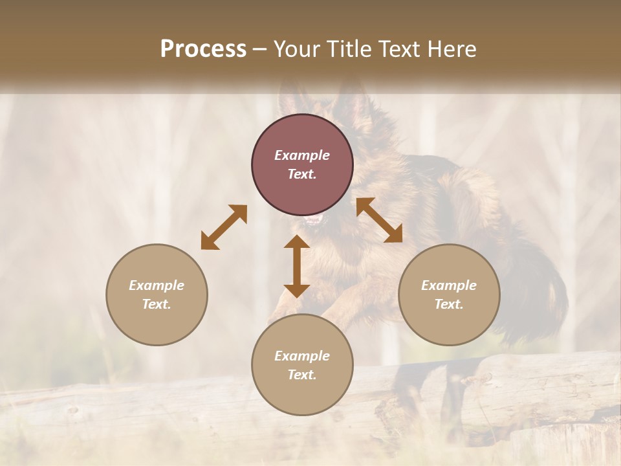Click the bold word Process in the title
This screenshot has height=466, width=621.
coord(203,49)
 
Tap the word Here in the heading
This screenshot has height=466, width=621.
coord(451,49)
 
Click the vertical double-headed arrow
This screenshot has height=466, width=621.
coord(297,267)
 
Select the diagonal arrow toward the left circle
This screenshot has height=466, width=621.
coord(224,227)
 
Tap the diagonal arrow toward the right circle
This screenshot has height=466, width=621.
coord(379,221)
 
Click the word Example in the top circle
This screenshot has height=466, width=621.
coord(302,155)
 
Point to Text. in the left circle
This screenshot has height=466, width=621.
coord(157,304)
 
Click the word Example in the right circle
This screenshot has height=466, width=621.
coord(449,285)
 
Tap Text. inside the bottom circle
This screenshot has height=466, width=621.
coord(302,375)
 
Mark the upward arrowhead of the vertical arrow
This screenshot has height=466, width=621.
coord(297,243)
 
